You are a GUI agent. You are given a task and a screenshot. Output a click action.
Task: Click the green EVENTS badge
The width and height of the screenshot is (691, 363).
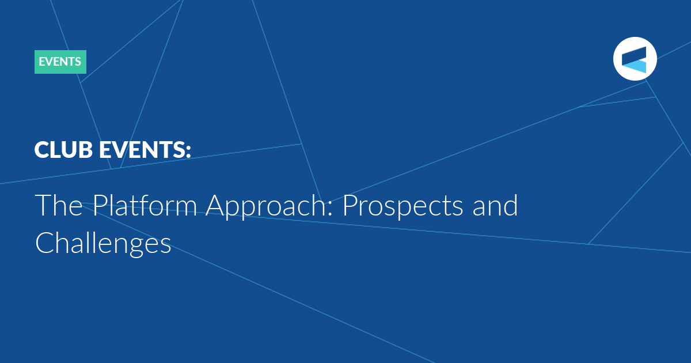coord(60,62)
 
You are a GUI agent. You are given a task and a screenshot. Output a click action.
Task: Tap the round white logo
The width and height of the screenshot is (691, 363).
coord(635,59)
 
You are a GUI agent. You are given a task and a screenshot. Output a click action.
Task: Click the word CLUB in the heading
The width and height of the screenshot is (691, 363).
coord(63,150)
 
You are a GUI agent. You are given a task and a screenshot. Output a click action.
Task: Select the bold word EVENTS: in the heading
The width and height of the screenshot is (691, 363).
coord(145,150)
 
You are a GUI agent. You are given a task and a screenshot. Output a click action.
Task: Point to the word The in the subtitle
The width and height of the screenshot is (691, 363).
coord(59,205)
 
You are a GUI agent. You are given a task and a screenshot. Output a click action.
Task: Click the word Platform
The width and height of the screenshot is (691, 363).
coord(145,205)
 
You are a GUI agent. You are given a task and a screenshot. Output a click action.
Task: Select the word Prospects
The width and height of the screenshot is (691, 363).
coord(403,207)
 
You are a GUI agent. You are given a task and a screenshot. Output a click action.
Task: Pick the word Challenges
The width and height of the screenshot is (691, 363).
coord(103,244)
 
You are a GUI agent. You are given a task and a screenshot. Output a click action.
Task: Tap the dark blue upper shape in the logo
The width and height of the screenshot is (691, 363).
coord(634,55)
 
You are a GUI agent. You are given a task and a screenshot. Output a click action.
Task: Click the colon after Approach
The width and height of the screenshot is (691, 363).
coord(330,209)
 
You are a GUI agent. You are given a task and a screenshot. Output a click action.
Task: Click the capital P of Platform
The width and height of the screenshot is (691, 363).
coord(100,205)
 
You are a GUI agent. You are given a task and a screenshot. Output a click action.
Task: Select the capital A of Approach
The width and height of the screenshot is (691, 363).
coord(217,205)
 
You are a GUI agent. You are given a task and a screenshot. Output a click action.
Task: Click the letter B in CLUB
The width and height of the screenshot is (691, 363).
coord(85,150)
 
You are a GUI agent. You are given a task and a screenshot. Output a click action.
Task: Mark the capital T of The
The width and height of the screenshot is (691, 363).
coord(43,205)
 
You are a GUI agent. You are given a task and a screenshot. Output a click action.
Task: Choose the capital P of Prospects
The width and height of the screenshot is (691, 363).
coord(350,205)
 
